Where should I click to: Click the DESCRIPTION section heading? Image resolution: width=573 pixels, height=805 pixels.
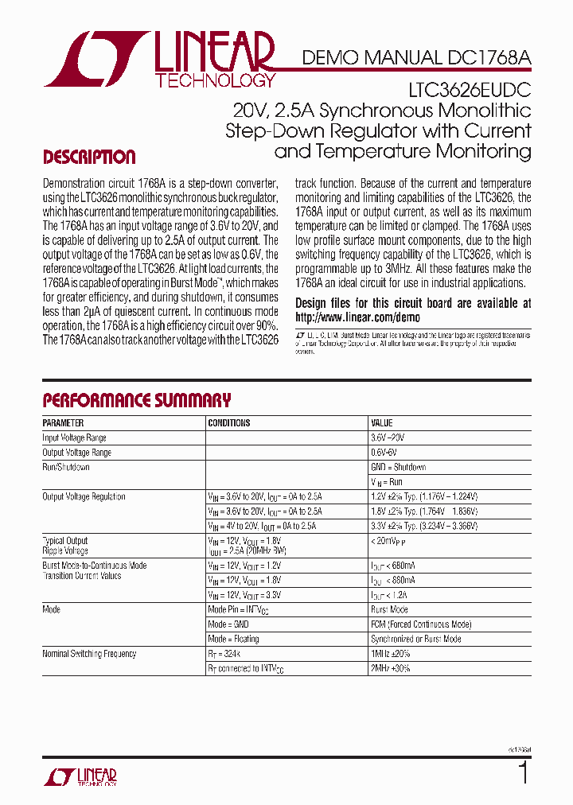click(x=89, y=157)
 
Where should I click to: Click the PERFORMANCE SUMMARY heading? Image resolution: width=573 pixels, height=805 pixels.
click(x=136, y=400)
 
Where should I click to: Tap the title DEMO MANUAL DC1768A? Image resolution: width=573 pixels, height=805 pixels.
click(x=416, y=57)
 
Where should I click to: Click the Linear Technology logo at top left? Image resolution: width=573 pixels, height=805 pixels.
click(x=159, y=60)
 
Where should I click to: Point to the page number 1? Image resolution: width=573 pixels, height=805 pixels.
click(x=523, y=772)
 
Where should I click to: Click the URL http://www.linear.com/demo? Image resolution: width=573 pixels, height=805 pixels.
click(x=357, y=317)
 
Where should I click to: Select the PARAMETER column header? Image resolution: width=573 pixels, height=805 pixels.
click(x=63, y=423)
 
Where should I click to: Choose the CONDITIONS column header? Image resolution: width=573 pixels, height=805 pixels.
click(x=229, y=423)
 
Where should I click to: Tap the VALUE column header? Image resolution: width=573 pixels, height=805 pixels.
click(x=382, y=423)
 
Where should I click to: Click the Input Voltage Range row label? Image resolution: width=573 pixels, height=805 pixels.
click(x=74, y=437)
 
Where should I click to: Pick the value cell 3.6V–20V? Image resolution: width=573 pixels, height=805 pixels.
click(x=388, y=437)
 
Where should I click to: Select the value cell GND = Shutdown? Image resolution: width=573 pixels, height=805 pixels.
click(x=398, y=467)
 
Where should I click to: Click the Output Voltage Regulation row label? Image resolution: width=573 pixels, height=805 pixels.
click(x=84, y=496)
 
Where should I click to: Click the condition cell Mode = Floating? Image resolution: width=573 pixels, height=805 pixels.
click(x=233, y=639)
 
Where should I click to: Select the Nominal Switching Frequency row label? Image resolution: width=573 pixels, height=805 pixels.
click(x=89, y=654)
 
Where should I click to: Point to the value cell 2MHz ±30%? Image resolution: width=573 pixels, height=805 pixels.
click(x=390, y=668)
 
